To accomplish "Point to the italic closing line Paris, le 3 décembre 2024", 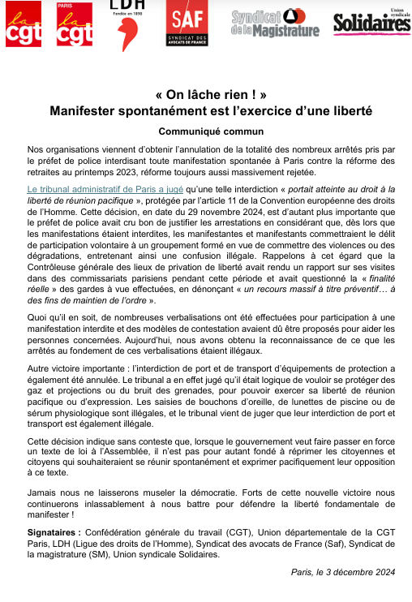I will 343,573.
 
